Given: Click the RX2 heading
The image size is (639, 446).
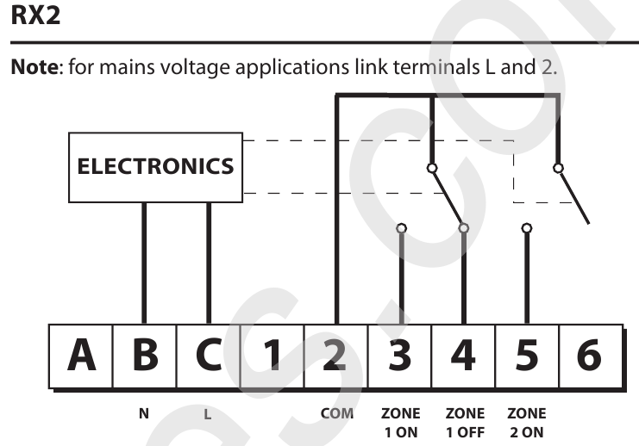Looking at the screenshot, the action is coord(35,15).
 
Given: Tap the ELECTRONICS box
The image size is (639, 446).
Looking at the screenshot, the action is coord(156,167).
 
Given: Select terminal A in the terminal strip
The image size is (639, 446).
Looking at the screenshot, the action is coord(81,356).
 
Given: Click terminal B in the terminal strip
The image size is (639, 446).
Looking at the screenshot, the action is coord(145,356).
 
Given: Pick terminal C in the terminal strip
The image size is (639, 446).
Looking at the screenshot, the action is coord(209,356).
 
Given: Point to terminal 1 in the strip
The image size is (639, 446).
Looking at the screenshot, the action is coord(273,356).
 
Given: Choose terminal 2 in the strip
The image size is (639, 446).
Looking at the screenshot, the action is coord(336,356).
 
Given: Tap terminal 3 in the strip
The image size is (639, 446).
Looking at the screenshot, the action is coord(400,356).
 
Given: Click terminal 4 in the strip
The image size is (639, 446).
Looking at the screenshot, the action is coord(463,356).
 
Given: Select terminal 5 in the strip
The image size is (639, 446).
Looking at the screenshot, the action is coord(527,356).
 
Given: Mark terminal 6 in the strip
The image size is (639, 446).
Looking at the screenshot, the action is coord(591,356).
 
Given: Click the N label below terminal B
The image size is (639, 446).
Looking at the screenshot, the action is coord(144,413).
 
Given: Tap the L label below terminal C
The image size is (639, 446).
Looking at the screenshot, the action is coord(208,414).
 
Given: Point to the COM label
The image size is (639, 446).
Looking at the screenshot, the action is coord(337,413).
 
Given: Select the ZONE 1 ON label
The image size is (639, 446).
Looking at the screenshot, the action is coord(401,423).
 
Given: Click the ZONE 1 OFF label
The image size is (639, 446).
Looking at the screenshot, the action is coord(465,423).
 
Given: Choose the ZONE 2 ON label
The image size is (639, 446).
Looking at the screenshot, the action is coord(527,423).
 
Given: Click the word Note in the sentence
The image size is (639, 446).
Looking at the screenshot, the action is coord(35,67).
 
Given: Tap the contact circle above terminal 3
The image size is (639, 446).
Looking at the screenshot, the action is coord(401,228).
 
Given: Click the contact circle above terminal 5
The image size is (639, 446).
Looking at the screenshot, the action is coord(527,228).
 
